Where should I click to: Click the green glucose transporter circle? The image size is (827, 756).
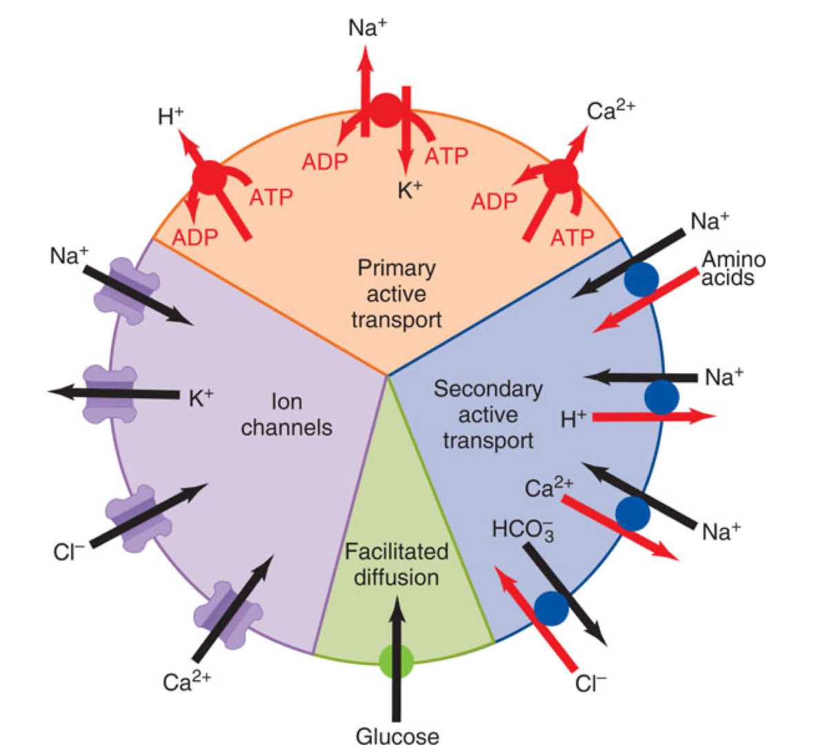coord(397,660)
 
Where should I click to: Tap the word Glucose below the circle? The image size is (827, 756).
coord(397,736)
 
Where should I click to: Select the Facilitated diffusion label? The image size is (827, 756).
coord(397,564)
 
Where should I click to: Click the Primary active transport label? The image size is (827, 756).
coord(396,294)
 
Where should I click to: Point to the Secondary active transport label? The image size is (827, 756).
coord(488,415)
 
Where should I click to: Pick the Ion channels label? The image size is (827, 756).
coord(286,415)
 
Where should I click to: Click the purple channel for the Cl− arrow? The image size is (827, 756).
coord(138,517)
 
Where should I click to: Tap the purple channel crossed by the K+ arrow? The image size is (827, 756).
coord(110,394)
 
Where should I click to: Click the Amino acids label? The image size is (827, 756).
coord(733,268)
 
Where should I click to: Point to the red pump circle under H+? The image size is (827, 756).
coord(210,179)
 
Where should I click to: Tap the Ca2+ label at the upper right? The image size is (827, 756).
coord(610,110)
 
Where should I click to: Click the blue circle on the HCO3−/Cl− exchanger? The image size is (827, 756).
coord(551,608)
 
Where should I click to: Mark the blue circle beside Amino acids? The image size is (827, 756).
coord(641,279)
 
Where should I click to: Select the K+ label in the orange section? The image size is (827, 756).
coord(410,190)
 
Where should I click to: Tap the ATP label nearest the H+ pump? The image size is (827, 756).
coord(270,197)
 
